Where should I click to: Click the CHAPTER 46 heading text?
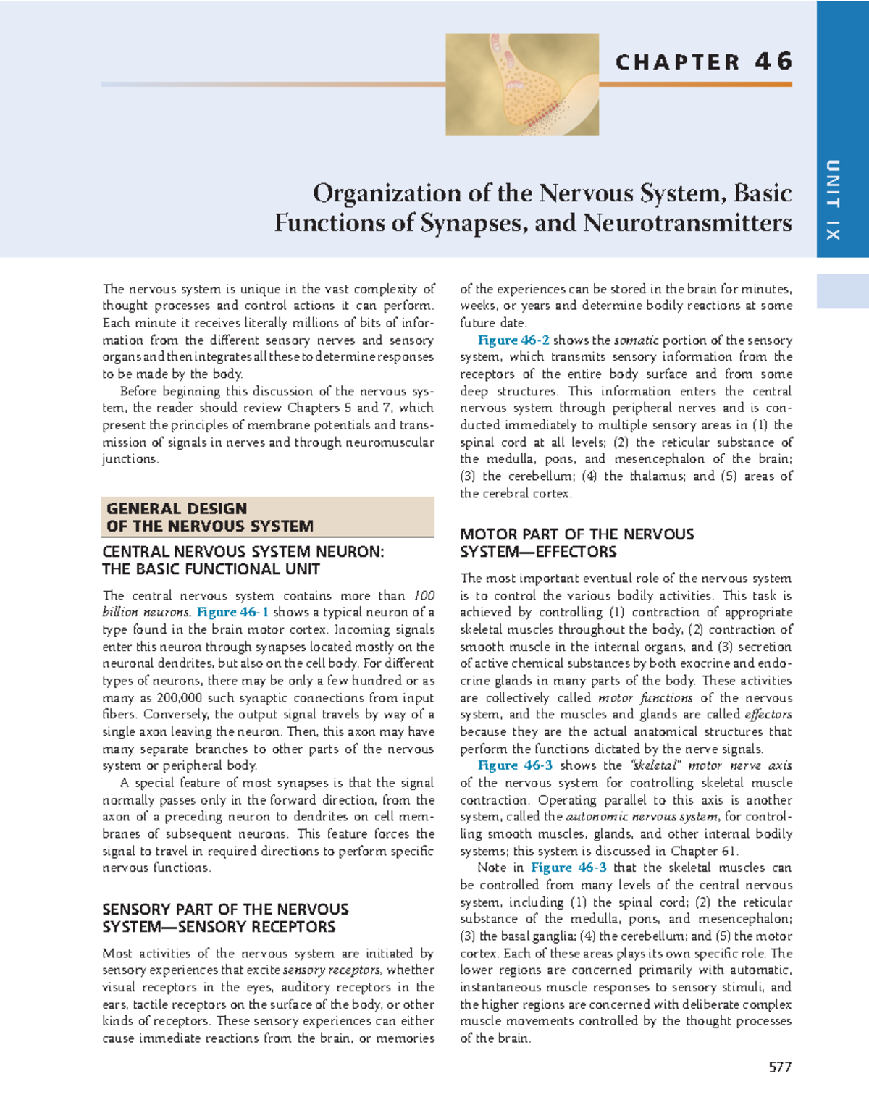[x=703, y=62]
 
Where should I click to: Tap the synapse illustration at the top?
[x=521, y=85]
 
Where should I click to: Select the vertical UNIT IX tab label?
[x=833, y=200]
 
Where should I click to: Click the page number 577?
[x=780, y=1067]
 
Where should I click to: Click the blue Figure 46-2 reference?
[x=513, y=340]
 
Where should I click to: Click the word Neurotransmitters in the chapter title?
[x=687, y=223]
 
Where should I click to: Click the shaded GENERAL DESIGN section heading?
[x=210, y=517]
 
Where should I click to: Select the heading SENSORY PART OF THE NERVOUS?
[x=225, y=910]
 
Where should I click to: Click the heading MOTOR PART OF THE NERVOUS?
[x=576, y=534]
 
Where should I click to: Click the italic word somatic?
[x=636, y=340]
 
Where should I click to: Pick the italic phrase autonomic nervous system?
[x=642, y=817]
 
